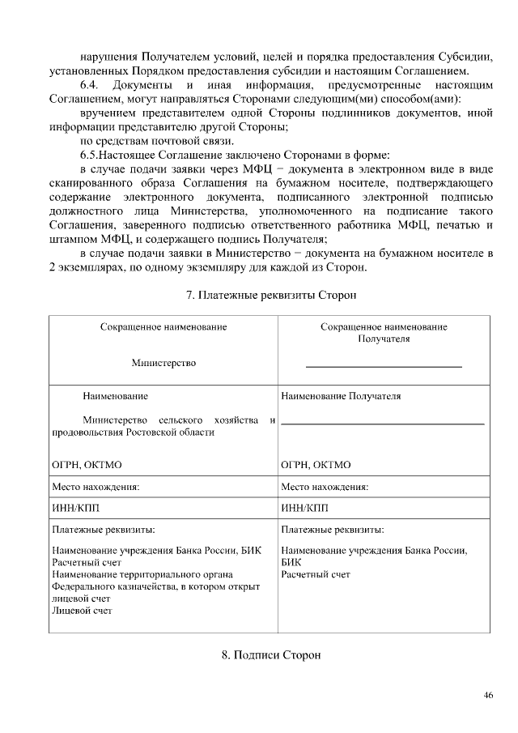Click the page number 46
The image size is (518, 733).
click(488, 696)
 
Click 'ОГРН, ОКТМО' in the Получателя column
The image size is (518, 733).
click(316, 465)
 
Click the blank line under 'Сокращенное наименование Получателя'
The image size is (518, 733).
click(384, 368)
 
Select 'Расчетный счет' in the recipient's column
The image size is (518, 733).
click(316, 574)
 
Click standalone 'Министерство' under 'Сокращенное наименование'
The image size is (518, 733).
click(163, 363)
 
